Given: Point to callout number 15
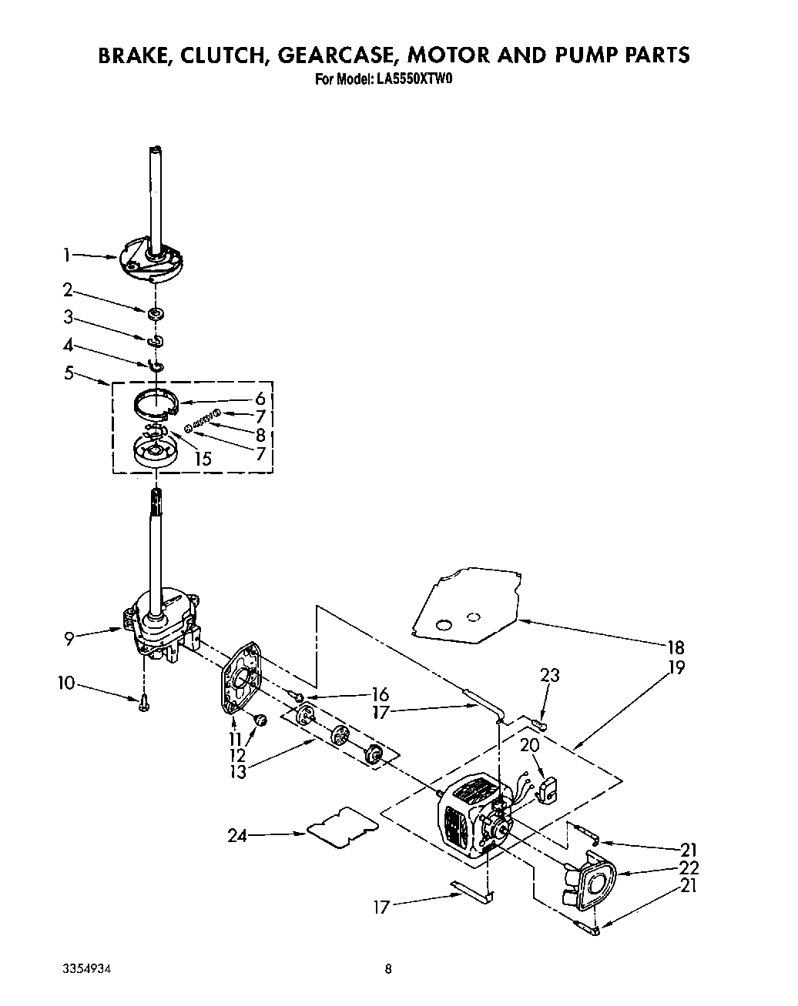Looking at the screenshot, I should point(203,459).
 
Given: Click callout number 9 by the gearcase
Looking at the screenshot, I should point(69,637).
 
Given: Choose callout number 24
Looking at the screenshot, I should point(238,835).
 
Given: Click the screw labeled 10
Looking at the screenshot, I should point(143,703).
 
